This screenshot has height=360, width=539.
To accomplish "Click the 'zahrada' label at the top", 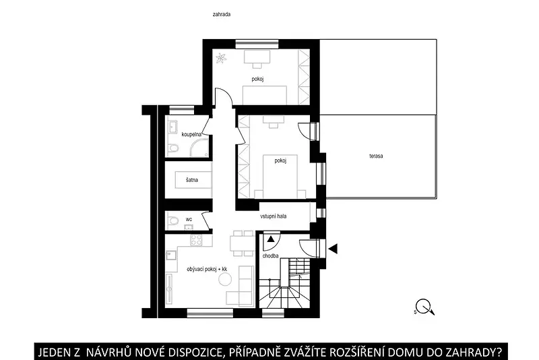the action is pyautogui.click(x=222, y=14).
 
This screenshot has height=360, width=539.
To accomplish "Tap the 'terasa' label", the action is pyautogui.click(x=376, y=156).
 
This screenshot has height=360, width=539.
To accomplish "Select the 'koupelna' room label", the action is pyautogui.click(x=191, y=134).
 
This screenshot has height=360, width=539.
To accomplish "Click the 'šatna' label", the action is pyautogui.click(x=192, y=180).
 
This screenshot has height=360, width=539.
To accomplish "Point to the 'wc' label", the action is pyautogui.click(x=189, y=219).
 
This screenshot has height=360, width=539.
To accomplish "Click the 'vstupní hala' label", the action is pyautogui.click(x=274, y=216).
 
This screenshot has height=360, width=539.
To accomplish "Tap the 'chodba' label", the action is pyautogui.click(x=271, y=256).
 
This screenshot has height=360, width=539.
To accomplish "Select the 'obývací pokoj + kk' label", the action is pyautogui.click(x=207, y=269).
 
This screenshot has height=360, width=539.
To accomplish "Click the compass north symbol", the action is pyautogui.click(x=425, y=307).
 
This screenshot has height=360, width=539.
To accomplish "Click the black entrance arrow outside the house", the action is pyautogui.click(x=333, y=248).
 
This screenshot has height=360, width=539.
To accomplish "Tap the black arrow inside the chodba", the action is pyautogui.click(x=271, y=239).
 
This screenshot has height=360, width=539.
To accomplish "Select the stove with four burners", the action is pyautogui.click(x=197, y=239).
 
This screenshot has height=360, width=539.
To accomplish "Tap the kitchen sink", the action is pyautogui.click(x=171, y=256).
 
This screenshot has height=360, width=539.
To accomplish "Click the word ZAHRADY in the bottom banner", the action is pyautogui.click(x=464, y=353).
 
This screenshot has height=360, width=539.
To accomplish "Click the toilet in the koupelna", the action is pyautogui.click(x=173, y=149).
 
